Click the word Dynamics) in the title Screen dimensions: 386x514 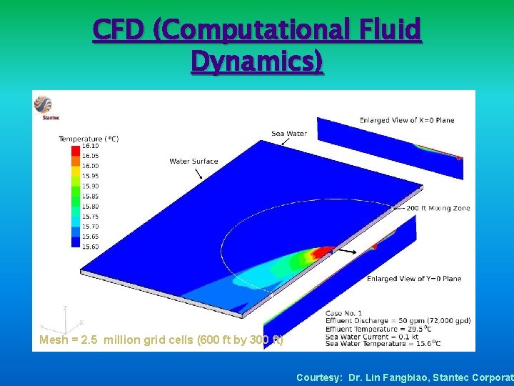[257, 62]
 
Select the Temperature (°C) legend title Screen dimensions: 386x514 [89, 138]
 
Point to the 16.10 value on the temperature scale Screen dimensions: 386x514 [91, 146]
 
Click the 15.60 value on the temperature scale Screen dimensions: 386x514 [91, 246]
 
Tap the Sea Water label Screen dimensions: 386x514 [289, 134]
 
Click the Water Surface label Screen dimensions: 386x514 [193, 161]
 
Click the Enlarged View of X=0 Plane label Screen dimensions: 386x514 [407, 120]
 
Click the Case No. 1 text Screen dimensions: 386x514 [343, 313]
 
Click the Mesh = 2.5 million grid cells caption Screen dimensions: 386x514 [161, 340]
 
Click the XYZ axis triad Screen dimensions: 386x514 [64, 318]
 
